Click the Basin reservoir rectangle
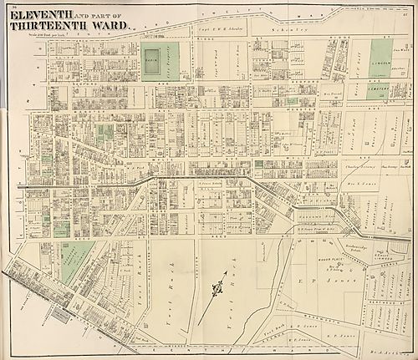151,61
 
